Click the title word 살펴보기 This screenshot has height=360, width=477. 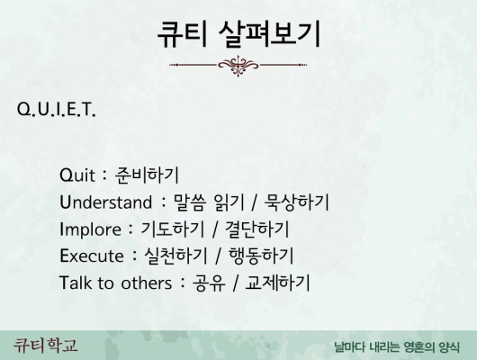(269, 34)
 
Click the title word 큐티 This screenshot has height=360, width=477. (182, 34)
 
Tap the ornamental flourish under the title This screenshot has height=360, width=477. (238, 65)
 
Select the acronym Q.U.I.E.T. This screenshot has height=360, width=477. (57, 109)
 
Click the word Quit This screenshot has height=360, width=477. (77, 175)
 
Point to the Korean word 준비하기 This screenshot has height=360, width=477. (147, 175)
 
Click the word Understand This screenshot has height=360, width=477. (105, 202)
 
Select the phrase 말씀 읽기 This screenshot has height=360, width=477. (209, 202)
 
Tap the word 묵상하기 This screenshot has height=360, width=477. (297, 202)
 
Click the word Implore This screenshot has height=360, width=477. (90, 229)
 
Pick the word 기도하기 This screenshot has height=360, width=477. (173, 229)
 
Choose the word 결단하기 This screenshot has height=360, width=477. (257, 229)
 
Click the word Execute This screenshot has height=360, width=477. (92, 256)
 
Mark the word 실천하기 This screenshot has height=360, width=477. (175, 256)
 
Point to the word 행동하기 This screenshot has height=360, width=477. (261, 256)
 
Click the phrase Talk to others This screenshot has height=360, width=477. (115, 283)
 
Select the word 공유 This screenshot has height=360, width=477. (209, 283)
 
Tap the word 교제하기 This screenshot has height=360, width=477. (277, 283)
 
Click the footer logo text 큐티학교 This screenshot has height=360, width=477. (45, 346)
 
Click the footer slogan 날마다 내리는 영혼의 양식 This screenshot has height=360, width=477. (397, 346)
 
